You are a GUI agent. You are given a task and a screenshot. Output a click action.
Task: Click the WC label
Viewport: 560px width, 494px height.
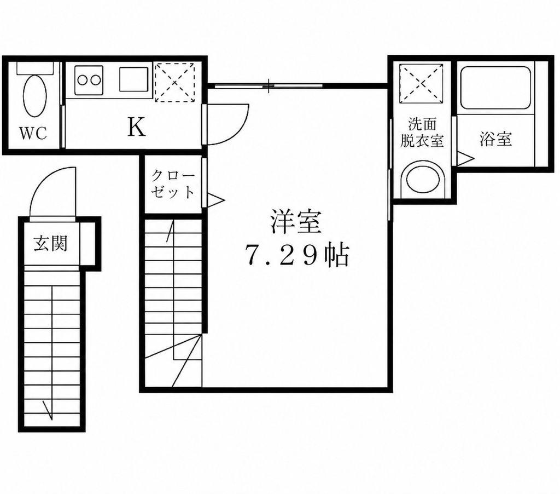coord(33,134)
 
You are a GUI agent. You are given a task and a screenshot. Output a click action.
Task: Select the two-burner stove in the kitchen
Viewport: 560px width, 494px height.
coord(89,80)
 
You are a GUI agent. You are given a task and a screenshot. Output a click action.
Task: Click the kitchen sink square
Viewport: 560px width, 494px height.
coord(133,79)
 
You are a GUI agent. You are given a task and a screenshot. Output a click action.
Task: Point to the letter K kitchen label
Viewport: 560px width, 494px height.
coord(136,127)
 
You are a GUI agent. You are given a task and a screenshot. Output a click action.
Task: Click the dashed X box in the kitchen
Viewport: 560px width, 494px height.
coord(174,83)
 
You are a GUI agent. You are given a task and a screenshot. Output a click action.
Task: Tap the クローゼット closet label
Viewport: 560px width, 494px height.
coord(173,184)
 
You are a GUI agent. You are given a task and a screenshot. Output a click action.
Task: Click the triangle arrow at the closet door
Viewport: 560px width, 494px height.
coord(215,200)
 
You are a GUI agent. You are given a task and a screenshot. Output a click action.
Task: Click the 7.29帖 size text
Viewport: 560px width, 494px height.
coord(296,255)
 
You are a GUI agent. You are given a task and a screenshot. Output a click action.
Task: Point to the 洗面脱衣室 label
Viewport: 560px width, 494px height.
coord(422,133)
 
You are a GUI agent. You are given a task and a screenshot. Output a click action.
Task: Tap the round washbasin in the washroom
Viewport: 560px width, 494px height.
coord(423,180)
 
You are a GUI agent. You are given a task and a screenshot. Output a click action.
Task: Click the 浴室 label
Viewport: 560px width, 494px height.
coord(495,139)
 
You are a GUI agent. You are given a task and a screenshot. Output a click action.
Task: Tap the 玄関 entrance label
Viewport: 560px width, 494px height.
coord(51,244)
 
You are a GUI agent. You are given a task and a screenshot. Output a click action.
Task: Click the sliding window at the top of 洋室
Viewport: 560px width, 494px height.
coord(269,85)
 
